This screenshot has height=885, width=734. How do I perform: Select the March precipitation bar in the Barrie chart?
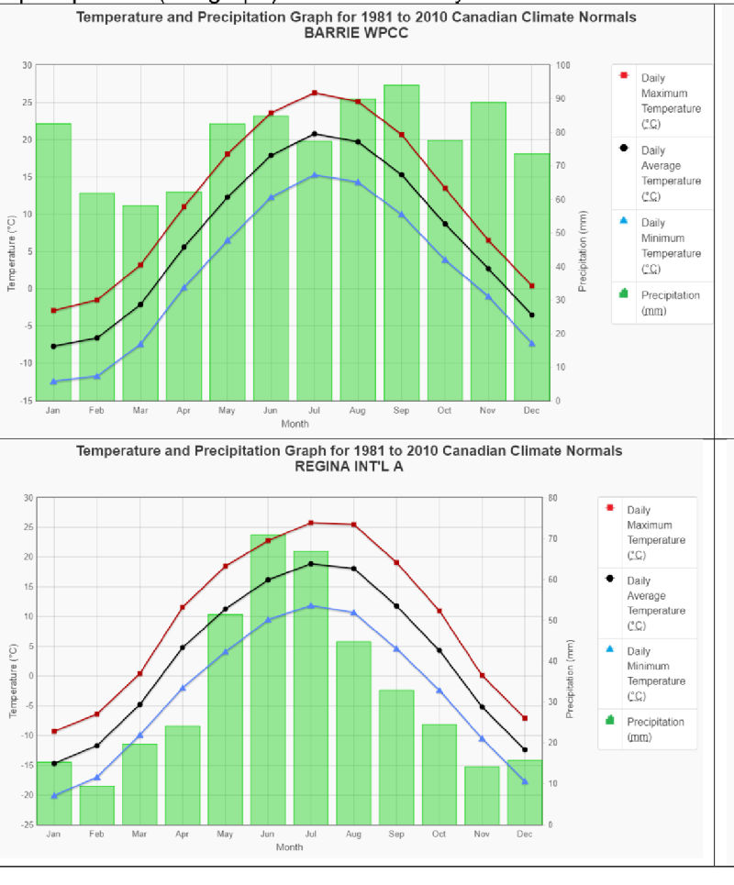[x=140, y=303]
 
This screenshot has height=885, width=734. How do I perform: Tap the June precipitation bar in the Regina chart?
[x=268, y=679]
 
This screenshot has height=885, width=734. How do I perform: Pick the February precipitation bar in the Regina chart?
[x=97, y=805]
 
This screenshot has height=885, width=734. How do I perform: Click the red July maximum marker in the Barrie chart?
[x=315, y=93]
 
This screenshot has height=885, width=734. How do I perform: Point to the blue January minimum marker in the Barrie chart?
[x=53, y=382]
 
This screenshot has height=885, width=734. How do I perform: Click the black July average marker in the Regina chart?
[x=311, y=564]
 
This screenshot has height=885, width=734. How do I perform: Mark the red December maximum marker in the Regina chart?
[x=525, y=718]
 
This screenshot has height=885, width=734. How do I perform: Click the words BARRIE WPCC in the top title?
[x=356, y=33]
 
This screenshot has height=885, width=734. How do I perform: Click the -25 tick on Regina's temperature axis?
[x=27, y=824]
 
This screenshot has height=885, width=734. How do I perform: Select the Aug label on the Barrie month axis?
[x=358, y=411]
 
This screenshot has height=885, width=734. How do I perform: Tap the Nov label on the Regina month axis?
[x=482, y=834]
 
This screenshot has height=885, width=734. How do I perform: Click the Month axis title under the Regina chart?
[x=289, y=847]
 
